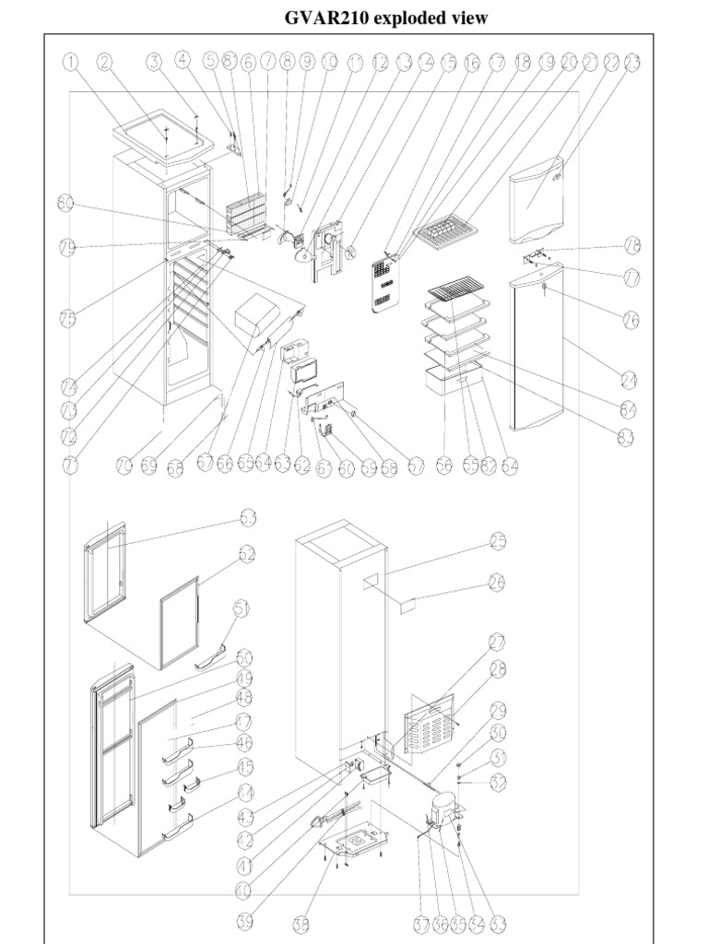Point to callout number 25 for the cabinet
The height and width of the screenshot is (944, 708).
(499, 543)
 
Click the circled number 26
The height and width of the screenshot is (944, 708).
(499, 582)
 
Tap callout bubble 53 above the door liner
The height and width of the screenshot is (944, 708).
(247, 518)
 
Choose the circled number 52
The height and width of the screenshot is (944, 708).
(246, 555)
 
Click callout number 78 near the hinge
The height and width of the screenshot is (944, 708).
(632, 245)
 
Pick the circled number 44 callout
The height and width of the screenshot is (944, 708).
(246, 793)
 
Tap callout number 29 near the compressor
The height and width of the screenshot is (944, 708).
(499, 710)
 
